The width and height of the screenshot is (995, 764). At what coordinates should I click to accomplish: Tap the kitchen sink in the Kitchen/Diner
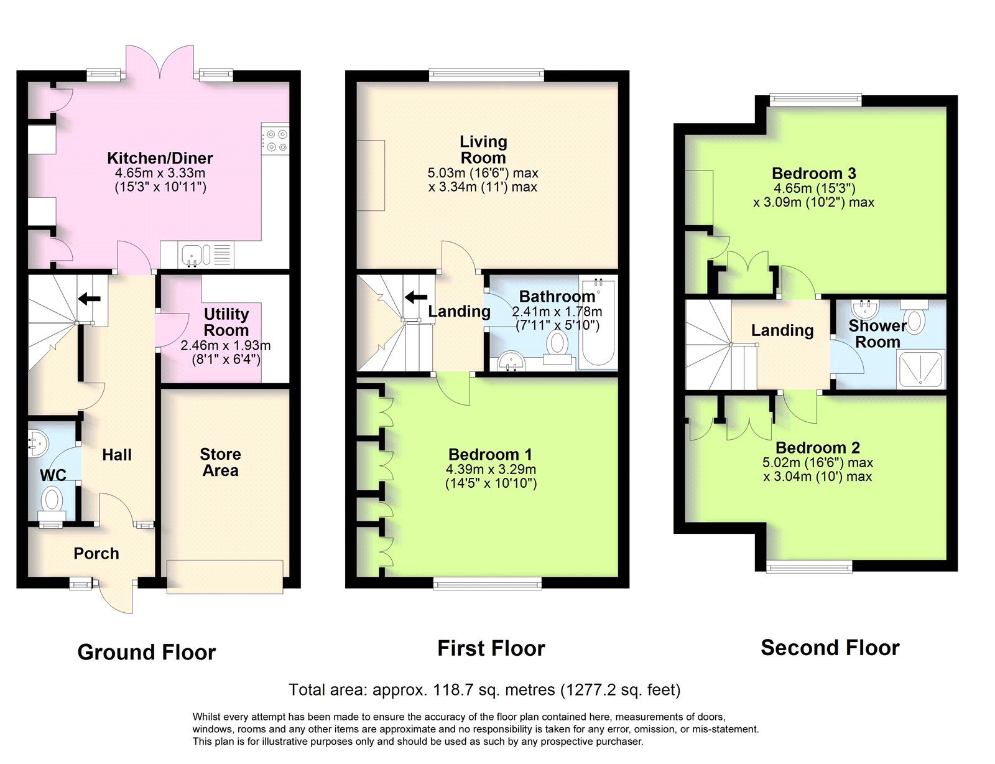pyautogui.click(x=195, y=254)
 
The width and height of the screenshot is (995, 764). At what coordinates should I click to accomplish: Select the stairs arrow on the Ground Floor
pyautogui.click(x=90, y=299)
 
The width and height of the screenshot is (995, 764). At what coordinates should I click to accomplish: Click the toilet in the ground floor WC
pyautogui.click(x=53, y=500)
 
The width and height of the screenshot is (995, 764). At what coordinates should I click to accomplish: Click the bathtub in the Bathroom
pyautogui.click(x=598, y=324)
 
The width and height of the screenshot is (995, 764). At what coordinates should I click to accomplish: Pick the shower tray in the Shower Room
pyautogui.click(x=920, y=370)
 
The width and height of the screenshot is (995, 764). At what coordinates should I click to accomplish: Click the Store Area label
pyautogui.click(x=221, y=462)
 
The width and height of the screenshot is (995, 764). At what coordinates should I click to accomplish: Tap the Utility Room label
pyautogui.click(x=226, y=322)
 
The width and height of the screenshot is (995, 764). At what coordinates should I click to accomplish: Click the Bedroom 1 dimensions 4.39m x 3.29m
pyautogui.click(x=491, y=470)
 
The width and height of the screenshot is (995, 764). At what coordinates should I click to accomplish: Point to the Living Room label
pyautogui.click(x=483, y=149)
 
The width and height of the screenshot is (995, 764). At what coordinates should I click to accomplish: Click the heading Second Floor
pyautogui.click(x=830, y=648)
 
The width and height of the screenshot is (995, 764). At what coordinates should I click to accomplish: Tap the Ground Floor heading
pyautogui.click(x=146, y=652)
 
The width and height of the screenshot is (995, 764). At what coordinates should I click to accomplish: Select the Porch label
pyautogui.click(x=96, y=553)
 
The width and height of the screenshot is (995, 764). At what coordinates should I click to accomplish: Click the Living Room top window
pyautogui.click(x=486, y=75)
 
